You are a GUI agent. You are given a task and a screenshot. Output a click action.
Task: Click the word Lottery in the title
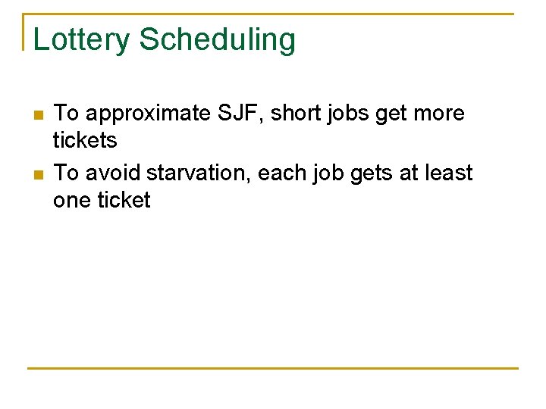click(81, 40)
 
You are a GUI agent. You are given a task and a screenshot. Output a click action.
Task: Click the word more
click(438, 114)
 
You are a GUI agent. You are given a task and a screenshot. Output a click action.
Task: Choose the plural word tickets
click(85, 140)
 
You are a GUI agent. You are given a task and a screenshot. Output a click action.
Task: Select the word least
click(451, 173)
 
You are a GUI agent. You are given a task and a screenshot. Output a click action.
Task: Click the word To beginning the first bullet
click(67, 114)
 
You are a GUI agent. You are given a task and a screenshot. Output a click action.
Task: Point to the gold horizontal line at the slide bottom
click(273, 368)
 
